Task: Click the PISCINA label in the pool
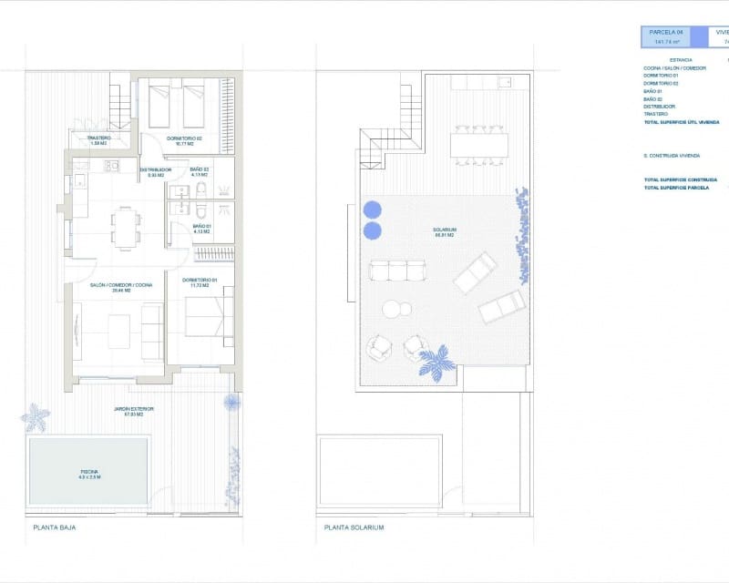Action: click(88, 473)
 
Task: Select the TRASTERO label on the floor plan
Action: click(98, 139)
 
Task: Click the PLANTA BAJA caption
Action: click(53, 527)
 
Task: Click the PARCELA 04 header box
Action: click(665, 36)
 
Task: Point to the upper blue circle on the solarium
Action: click(373, 210)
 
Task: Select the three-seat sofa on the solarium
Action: click(396, 271)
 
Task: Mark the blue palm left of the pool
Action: click(36, 417)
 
